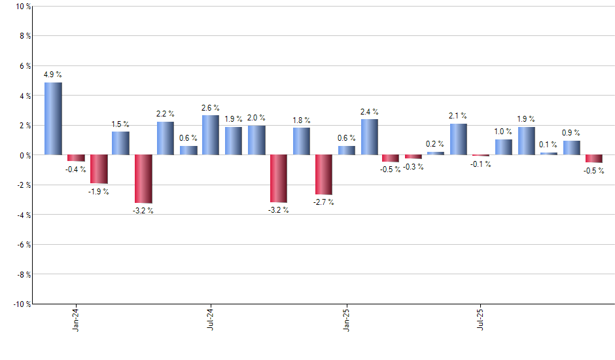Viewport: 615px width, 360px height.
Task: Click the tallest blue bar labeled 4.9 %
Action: click(53, 118)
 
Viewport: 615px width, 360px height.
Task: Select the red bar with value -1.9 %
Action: click(99, 169)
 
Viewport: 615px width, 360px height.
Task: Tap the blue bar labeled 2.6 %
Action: click(211, 135)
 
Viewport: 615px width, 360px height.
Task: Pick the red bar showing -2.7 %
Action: click(324, 175)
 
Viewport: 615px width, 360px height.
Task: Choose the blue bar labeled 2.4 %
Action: click(369, 137)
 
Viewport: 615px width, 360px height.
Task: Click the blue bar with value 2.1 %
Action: click(458, 139)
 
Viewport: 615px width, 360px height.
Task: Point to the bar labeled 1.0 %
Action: click(503, 147)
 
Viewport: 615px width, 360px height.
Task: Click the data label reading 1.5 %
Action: click(120, 124)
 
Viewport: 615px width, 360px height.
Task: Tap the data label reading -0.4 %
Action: click(76, 170)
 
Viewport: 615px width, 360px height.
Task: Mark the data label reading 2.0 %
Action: click(256, 118)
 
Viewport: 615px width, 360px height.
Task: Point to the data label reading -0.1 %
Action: click(481, 164)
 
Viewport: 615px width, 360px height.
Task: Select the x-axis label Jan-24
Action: click(76, 319)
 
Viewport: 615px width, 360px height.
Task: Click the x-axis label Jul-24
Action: click(211, 319)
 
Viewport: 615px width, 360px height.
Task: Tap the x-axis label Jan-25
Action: click(346, 319)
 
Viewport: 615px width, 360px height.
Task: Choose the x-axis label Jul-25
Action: click(481, 319)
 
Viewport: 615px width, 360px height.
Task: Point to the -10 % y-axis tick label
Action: click(20, 304)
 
